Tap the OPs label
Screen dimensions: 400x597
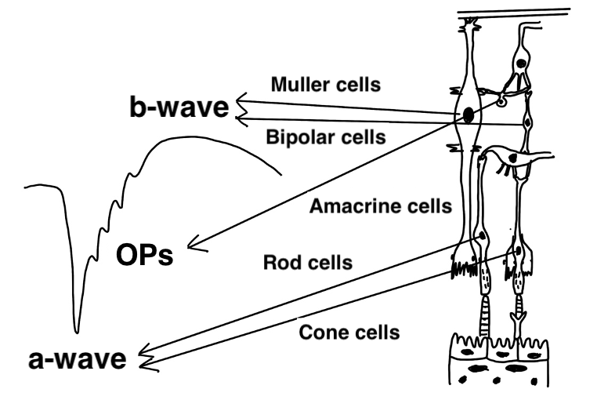145,256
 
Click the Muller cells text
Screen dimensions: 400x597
325,84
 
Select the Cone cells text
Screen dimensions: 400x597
349,332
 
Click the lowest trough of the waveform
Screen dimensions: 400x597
77,329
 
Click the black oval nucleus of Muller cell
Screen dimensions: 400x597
468,115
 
